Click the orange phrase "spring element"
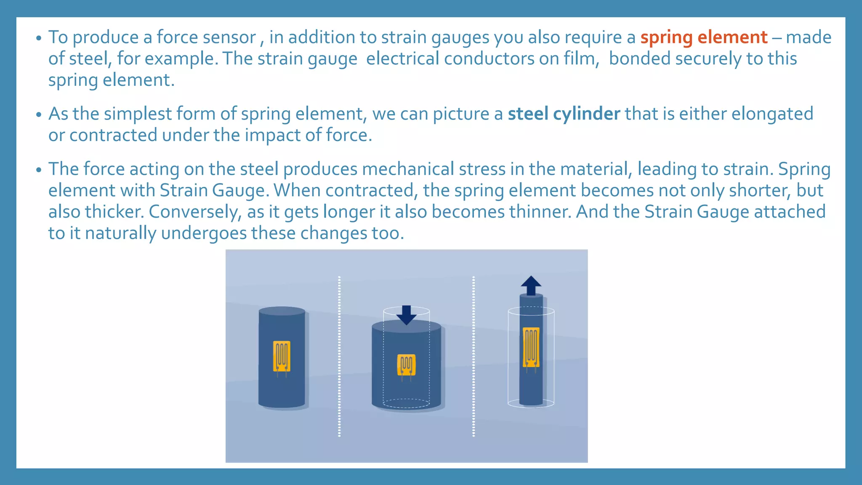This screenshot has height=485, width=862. coord(704,37)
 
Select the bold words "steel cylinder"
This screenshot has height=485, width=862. coord(564,114)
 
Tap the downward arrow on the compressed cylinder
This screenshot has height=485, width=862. coord(406,315)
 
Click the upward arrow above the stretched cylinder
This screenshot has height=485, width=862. coord(531,285)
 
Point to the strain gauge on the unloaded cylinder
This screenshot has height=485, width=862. coord(282,356)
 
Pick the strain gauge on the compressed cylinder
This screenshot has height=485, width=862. coord(406,365)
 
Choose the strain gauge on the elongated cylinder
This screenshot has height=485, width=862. coord(531,347)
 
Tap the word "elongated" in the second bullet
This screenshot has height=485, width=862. coord(772,114)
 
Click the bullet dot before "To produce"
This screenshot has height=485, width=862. coord(39,38)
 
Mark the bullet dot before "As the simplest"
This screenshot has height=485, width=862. coord(39,115)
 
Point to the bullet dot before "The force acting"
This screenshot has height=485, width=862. coord(39,170)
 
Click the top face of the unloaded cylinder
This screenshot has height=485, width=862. coord(282,311)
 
